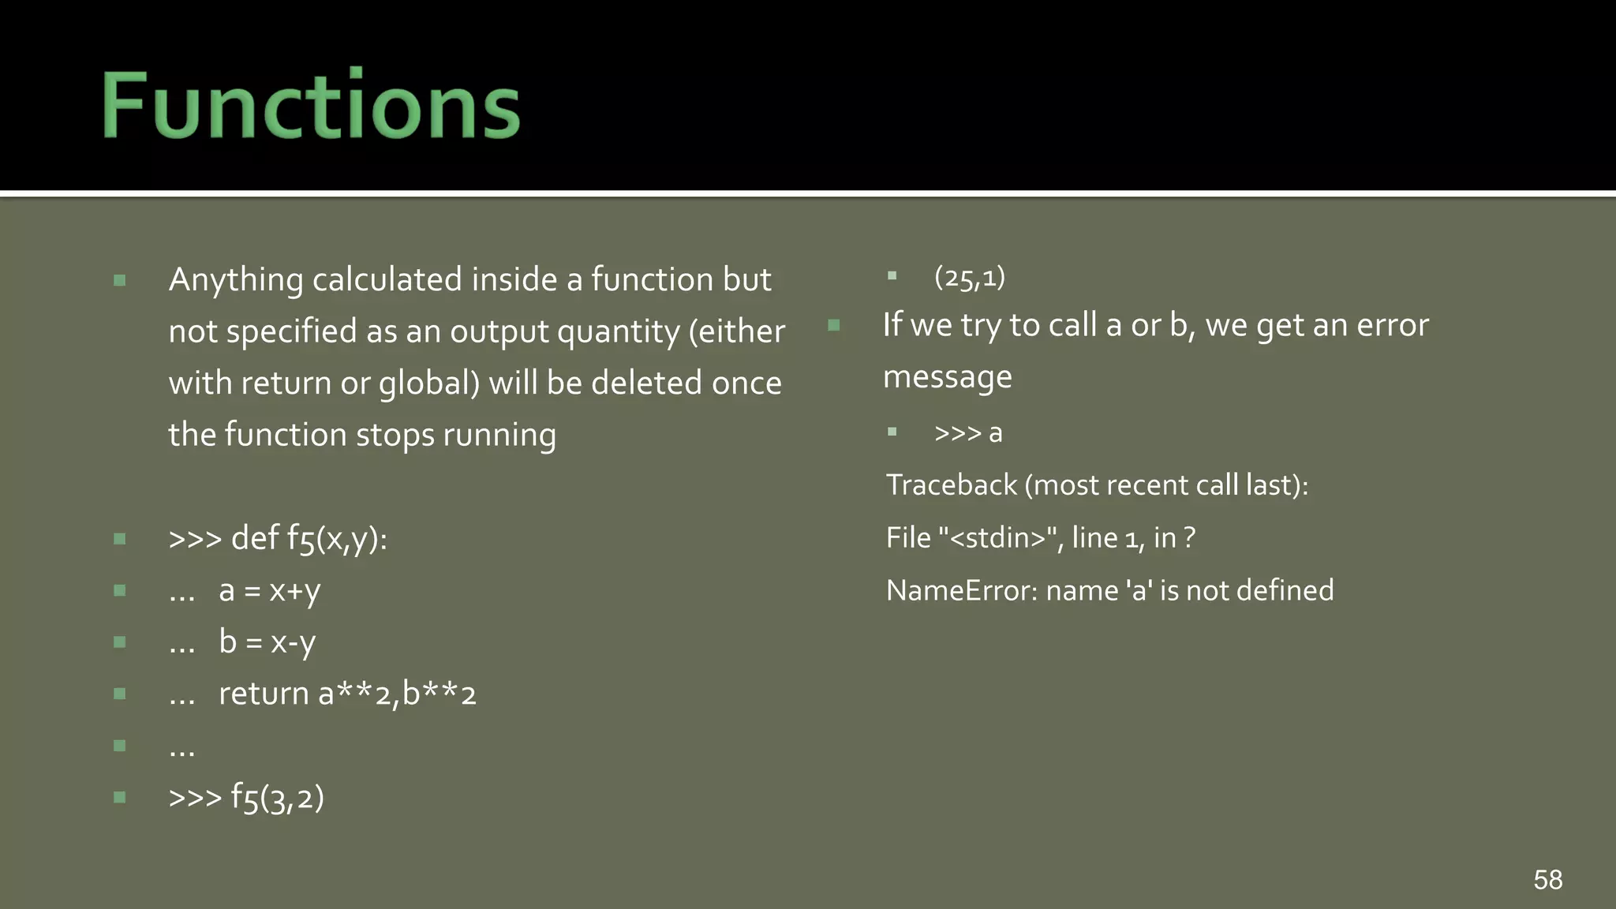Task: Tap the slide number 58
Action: pos(1547,880)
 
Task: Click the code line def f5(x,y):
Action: pos(309,539)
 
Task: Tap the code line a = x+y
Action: pos(270,591)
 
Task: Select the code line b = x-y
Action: pos(267,642)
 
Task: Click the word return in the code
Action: pos(264,694)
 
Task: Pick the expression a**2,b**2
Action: pos(397,694)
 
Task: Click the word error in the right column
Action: pos(1392,325)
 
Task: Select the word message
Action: pos(947,377)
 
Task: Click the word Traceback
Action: pos(952,485)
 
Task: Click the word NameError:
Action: pos(962,590)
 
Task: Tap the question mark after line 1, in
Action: pos(1189,538)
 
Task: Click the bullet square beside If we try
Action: pos(834,325)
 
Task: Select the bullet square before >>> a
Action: pos(892,432)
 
